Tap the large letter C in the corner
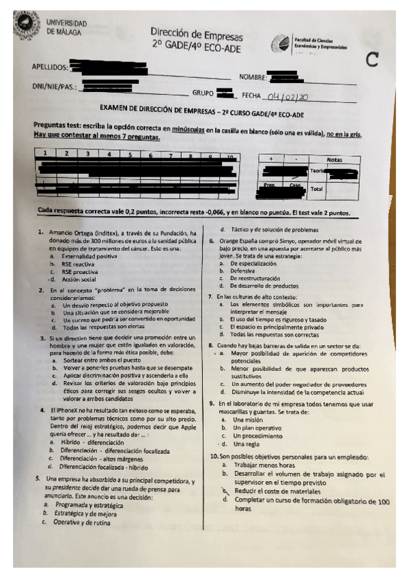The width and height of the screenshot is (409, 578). [x=371, y=60]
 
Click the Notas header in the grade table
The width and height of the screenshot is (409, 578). [x=334, y=159]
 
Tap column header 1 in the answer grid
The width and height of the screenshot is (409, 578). [x=44, y=155]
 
